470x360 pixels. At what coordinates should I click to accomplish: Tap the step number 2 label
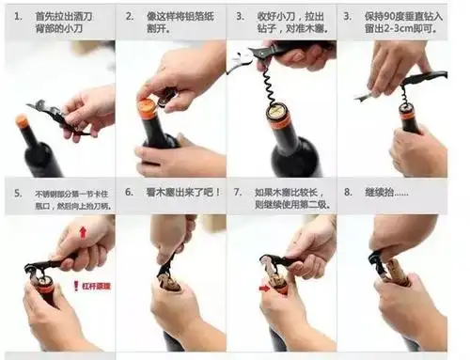tap(128, 17)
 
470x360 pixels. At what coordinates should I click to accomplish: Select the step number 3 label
tap(238, 17)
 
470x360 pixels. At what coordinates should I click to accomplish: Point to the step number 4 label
tap(348, 17)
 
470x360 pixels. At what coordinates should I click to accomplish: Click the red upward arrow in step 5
tap(81, 232)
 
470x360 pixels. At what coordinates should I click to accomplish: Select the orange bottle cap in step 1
tap(22, 121)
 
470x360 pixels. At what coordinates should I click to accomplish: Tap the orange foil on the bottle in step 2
tap(147, 108)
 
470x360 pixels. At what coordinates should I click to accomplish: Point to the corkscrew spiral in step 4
tap(405, 93)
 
